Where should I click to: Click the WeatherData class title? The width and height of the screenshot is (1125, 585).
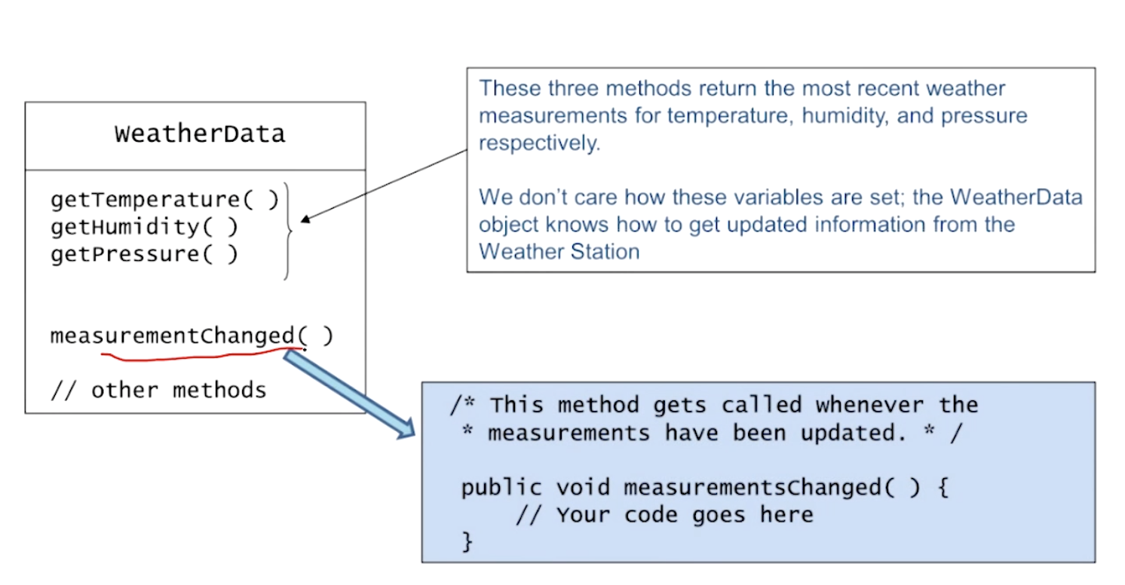pos(200,134)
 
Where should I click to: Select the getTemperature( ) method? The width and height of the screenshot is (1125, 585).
pos(164,200)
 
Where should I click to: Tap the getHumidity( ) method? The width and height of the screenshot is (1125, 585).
pos(144,227)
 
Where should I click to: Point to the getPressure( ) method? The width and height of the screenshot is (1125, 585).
pos(144,254)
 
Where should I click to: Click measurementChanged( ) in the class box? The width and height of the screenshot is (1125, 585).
pos(191,335)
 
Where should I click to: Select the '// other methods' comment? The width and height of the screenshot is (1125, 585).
pos(158,390)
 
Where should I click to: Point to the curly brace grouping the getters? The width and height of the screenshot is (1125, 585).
pos(287,230)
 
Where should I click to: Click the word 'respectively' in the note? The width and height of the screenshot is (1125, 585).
pos(538,143)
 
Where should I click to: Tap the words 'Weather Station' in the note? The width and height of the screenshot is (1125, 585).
pos(559,252)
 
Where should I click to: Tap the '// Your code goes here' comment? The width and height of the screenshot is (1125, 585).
pos(664,515)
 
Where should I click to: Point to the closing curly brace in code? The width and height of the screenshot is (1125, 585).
pos(467,541)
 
